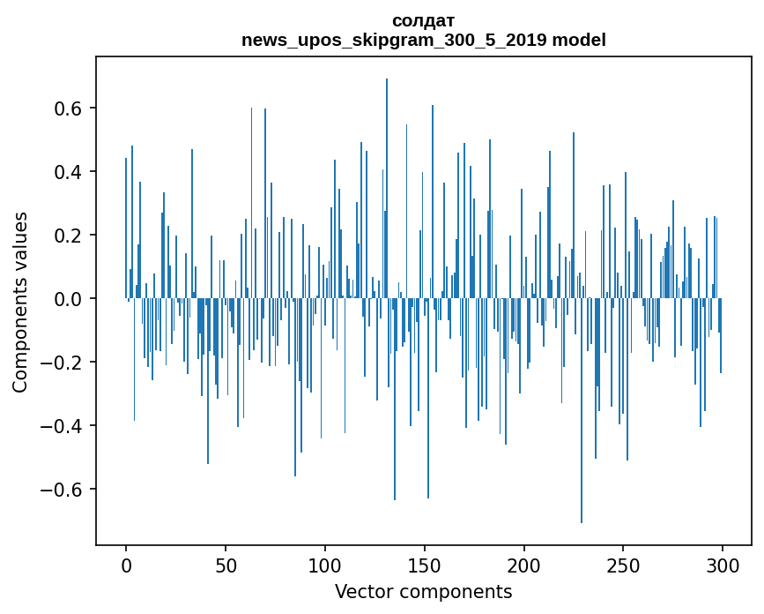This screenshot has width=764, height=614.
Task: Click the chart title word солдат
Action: [x=423, y=20]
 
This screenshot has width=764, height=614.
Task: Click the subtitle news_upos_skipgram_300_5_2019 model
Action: [x=423, y=40]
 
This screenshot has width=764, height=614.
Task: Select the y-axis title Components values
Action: [x=20, y=302]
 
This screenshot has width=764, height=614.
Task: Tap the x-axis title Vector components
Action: [x=423, y=592]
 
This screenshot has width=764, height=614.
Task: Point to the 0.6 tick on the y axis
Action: [x=71, y=109]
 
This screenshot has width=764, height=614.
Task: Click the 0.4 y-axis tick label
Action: [x=71, y=172]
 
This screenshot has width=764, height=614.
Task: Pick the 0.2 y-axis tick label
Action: [x=71, y=236]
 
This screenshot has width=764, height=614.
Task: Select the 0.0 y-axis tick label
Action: [x=71, y=299]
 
